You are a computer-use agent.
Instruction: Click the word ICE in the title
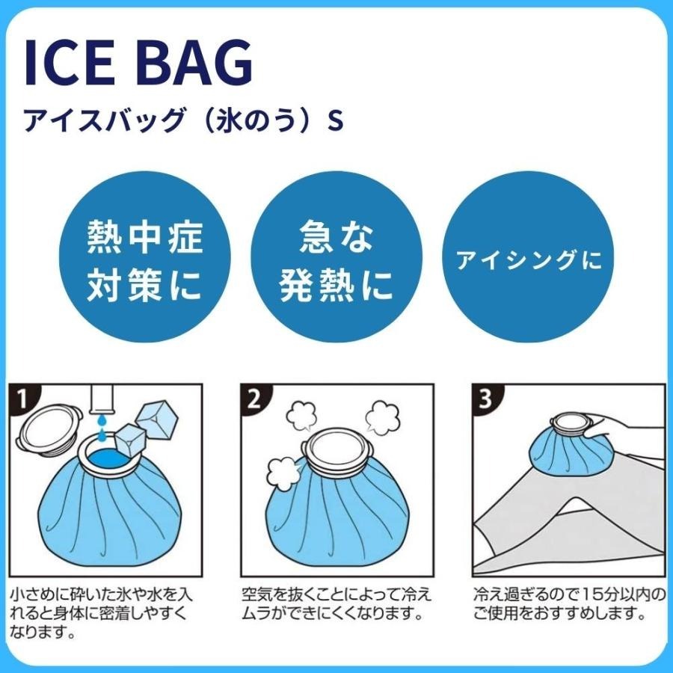coord(71,64)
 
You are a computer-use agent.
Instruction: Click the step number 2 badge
coord(254,399)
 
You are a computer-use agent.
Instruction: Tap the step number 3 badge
coord(486,399)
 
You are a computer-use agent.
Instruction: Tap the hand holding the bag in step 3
coord(628,429)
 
